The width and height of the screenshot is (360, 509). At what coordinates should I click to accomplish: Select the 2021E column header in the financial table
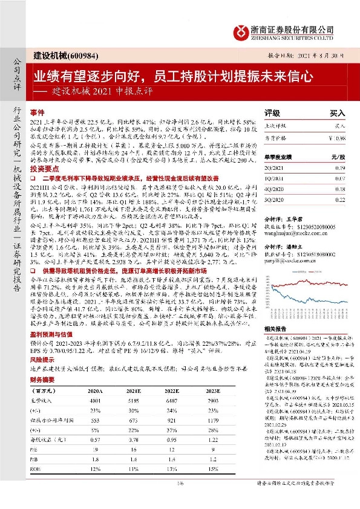131,392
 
